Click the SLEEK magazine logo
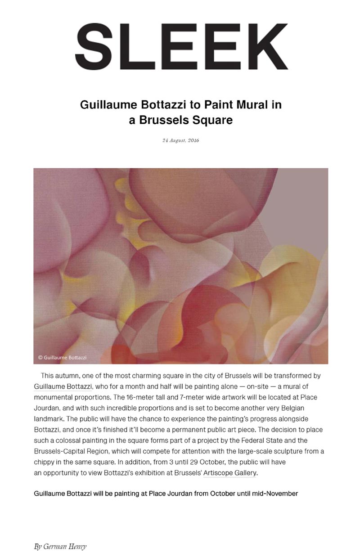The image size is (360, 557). (182, 46)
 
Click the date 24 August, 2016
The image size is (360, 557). (180, 140)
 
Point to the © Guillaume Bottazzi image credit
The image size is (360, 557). (62, 358)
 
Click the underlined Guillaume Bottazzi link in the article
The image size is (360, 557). (63, 386)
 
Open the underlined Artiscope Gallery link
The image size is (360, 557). (230, 472)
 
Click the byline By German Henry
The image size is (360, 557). (60, 547)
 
